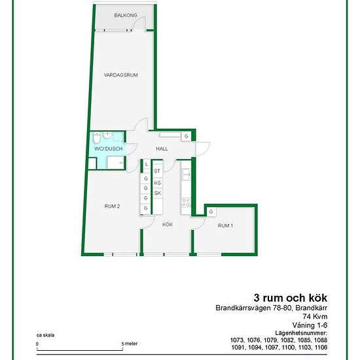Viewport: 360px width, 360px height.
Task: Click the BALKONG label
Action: [x=126, y=16]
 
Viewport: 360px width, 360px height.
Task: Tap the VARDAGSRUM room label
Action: [x=121, y=75]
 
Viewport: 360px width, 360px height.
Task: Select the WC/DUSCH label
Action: [x=109, y=149]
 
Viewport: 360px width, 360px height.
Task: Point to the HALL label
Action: [x=162, y=149]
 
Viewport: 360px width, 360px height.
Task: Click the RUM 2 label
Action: [x=112, y=206]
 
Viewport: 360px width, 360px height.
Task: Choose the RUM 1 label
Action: [x=225, y=226]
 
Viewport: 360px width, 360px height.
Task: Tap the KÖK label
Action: [x=168, y=225]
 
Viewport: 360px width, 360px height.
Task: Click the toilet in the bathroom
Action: [x=97, y=137]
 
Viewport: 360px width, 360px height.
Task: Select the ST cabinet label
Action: [x=157, y=171]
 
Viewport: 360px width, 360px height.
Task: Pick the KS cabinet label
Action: [x=158, y=183]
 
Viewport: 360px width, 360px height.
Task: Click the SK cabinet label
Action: [x=158, y=193]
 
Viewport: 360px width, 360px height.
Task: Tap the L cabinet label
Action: [x=147, y=164]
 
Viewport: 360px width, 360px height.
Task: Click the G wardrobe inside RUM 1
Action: [x=211, y=211]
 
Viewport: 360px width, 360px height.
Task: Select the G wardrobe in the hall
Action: [x=186, y=136]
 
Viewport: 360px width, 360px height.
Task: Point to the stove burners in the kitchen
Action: [x=186, y=203]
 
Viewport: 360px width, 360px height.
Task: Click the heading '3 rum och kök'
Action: [x=291, y=298]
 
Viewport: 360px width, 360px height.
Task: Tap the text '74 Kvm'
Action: [x=315, y=316]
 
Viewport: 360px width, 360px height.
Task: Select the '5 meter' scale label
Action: [x=130, y=344]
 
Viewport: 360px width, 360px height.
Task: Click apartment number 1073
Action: [x=237, y=340]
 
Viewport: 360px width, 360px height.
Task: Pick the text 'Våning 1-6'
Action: [x=310, y=325]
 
